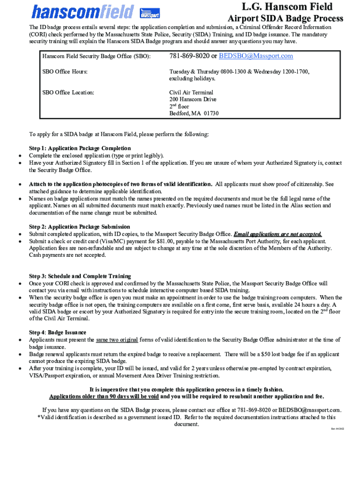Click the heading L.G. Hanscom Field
click(x=287, y=7)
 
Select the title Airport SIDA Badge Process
click(x=285, y=19)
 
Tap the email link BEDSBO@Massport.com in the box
click(x=255, y=56)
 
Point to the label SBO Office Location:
click(x=68, y=93)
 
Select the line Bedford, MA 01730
click(x=194, y=114)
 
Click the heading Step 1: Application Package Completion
click(x=80, y=148)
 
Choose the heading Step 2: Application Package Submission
click(x=79, y=227)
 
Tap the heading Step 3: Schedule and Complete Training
click(x=80, y=276)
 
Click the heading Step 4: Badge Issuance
click(x=58, y=333)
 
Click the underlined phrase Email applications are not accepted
click(x=278, y=234)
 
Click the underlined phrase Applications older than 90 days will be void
click(x=104, y=396)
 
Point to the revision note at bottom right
click(x=338, y=428)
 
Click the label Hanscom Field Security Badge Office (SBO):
click(x=96, y=57)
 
